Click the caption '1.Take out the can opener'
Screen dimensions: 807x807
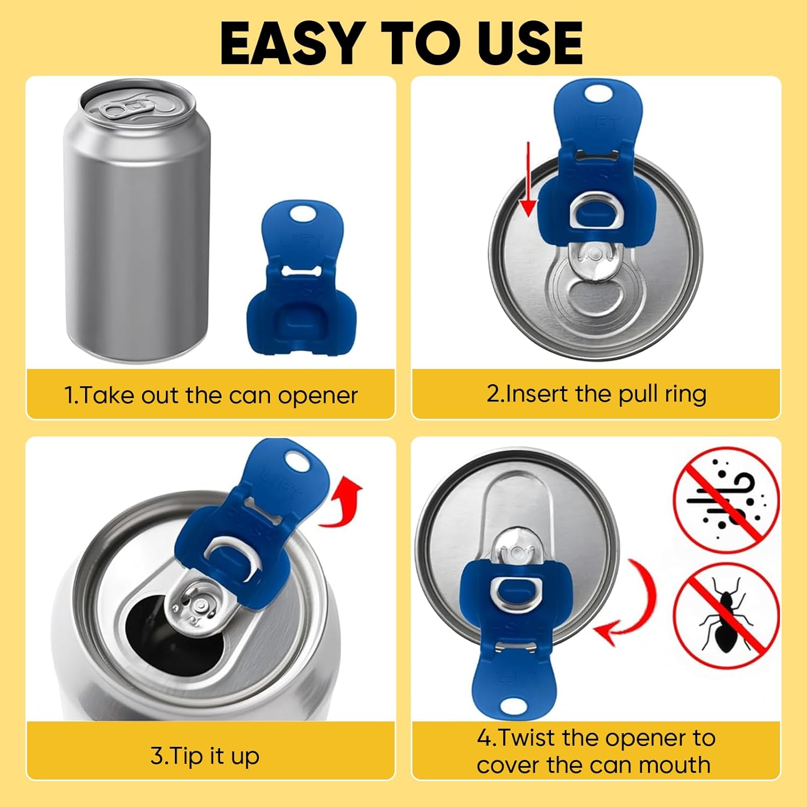211,395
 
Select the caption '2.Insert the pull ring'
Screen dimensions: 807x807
596,394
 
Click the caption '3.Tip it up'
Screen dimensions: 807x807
205,756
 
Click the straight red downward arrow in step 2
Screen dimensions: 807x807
529,180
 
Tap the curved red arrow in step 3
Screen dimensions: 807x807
344,503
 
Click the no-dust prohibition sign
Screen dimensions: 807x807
726,500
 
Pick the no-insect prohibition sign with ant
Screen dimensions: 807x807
726,616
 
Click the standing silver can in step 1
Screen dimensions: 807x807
137,226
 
